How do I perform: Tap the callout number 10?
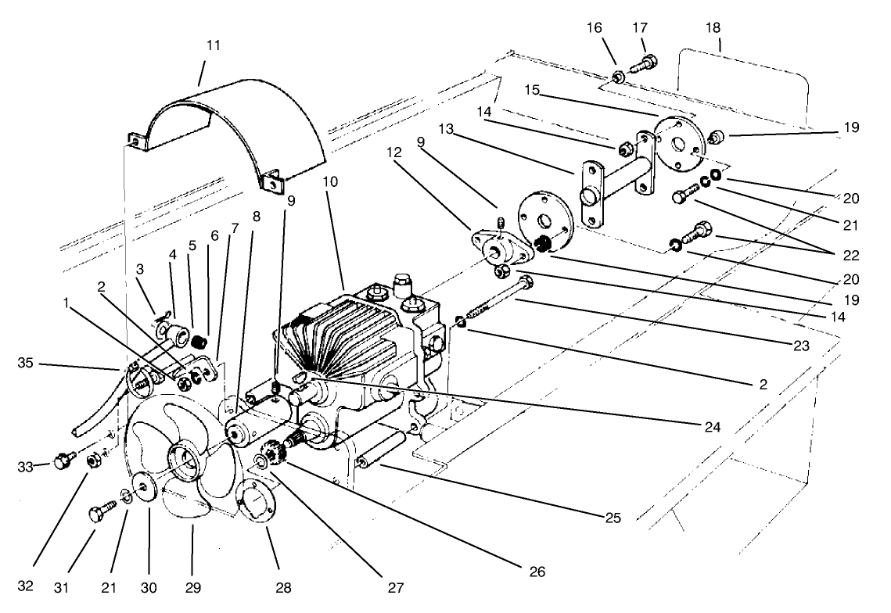(x=329, y=181)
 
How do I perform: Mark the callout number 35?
(x=29, y=362)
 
